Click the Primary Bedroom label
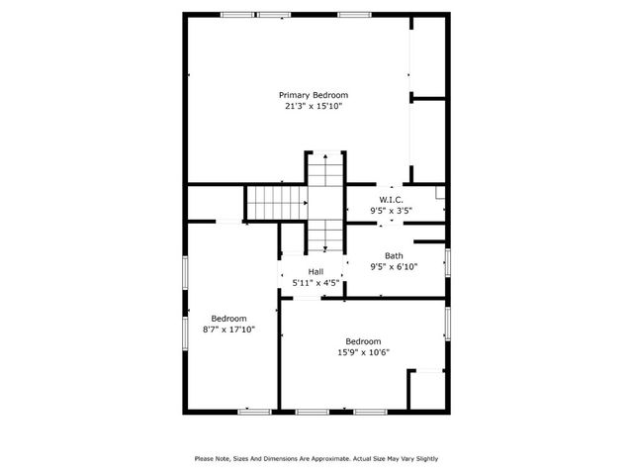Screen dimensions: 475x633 (x=313, y=95)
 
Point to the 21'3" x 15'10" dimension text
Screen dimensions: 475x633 (x=313, y=106)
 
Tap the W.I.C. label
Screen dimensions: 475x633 (x=391, y=199)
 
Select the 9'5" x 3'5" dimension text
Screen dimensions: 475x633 (x=391, y=210)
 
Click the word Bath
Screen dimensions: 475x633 (x=394, y=255)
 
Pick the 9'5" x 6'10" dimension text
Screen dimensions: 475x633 (x=394, y=266)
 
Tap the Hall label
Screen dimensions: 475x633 (x=316, y=271)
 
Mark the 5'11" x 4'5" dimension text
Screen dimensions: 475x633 (x=316, y=282)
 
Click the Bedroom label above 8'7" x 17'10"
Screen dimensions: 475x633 (x=228, y=319)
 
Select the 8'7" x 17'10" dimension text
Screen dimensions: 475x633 (x=228, y=330)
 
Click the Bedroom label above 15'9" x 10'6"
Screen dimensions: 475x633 (x=362, y=340)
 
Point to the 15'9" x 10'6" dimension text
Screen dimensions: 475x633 (x=362, y=351)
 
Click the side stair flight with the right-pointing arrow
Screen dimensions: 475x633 (x=275, y=203)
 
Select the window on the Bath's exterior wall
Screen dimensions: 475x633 (x=447, y=262)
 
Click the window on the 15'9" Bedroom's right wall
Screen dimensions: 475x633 (x=447, y=323)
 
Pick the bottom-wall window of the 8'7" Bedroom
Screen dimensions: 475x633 (x=254, y=411)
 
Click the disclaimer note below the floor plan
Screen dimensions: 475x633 (x=316, y=458)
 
